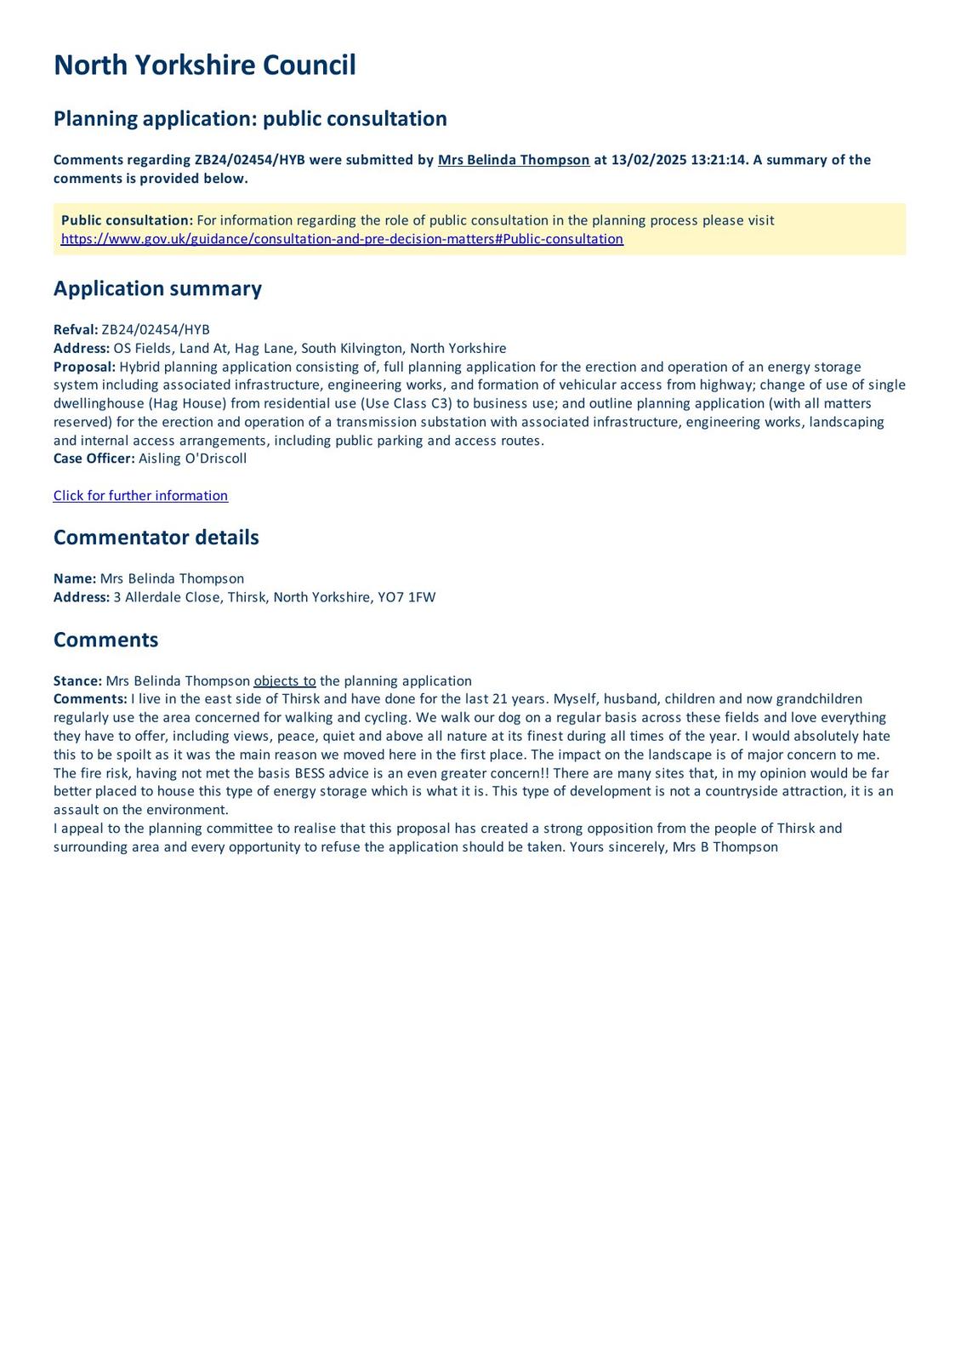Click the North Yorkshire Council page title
tap(204, 65)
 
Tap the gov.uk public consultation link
tap(342, 239)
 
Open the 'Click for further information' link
tap(140, 496)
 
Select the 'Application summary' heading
tap(157, 289)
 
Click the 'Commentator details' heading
tap(156, 538)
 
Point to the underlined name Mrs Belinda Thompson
tap(513, 160)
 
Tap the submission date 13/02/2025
tap(644, 160)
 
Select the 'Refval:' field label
tap(76, 330)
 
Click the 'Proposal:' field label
tap(84, 367)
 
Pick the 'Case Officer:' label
tap(94, 458)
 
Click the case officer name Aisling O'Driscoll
tap(192, 458)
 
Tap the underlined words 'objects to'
tap(284, 681)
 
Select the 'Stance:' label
tap(77, 681)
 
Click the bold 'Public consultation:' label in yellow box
tap(127, 220)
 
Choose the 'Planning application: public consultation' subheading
tap(250, 119)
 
